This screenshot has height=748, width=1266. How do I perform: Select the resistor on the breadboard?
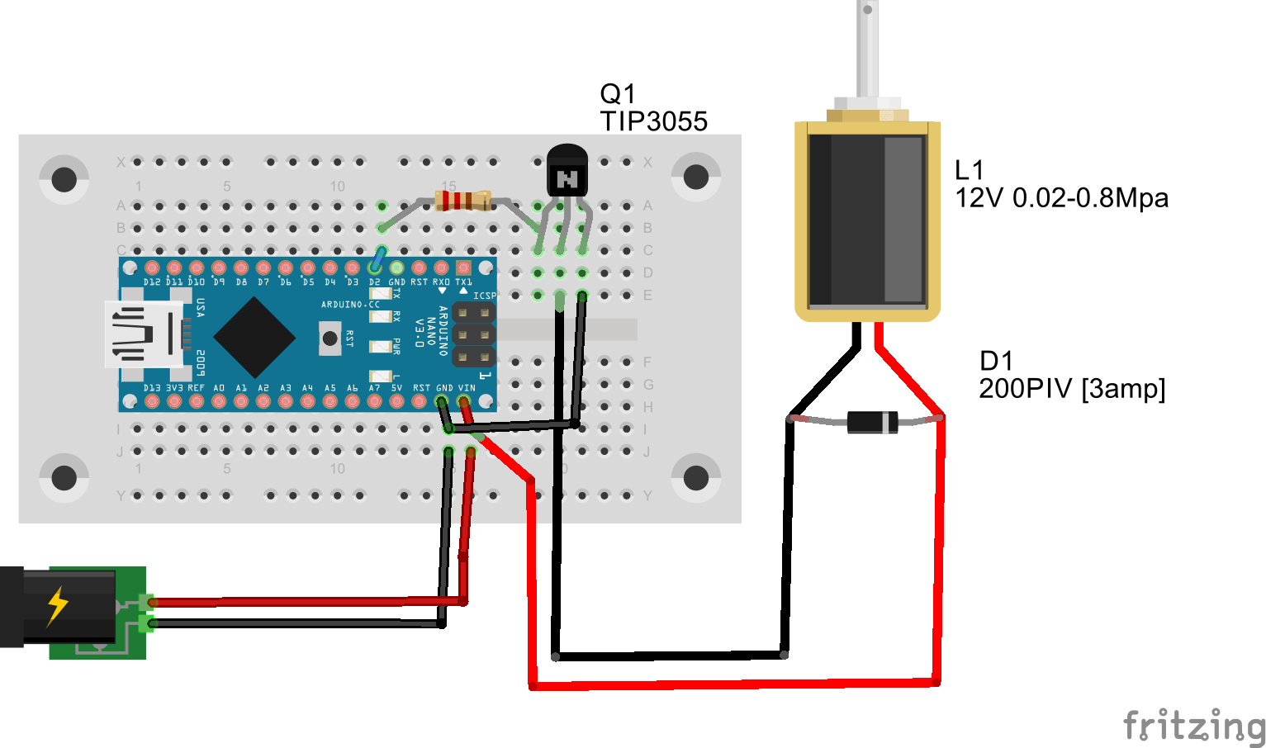(x=462, y=200)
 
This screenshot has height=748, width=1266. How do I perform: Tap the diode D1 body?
(x=872, y=422)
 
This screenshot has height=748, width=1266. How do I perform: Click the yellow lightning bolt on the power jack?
(x=57, y=605)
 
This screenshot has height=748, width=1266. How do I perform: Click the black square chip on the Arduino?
(x=254, y=337)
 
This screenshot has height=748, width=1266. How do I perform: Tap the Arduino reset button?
(x=330, y=338)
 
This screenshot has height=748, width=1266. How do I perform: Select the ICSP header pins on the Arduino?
(x=473, y=335)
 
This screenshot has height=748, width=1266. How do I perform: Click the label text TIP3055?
(x=653, y=121)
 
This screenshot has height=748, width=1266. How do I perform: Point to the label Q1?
(x=618, y=93)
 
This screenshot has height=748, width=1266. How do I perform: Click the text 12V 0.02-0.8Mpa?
(x=1061, y=198)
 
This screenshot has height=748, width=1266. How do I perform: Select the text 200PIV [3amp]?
(x=1071, y=388)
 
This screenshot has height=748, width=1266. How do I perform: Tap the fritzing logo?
(x=1193, y=726)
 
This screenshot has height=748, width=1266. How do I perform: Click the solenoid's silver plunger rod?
(x=867, y=50)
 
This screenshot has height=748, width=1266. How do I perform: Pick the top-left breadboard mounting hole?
(x=64, y=178)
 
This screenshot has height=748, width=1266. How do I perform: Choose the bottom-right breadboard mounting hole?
(x=695, y=477)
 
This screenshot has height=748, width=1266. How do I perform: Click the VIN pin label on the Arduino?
(x=467, y=387)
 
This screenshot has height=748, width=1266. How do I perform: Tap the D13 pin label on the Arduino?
(x=152, y=387)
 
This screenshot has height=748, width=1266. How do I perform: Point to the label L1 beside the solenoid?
(x=969, y=170)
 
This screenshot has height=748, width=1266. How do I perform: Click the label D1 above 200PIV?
(x=995, y=361)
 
